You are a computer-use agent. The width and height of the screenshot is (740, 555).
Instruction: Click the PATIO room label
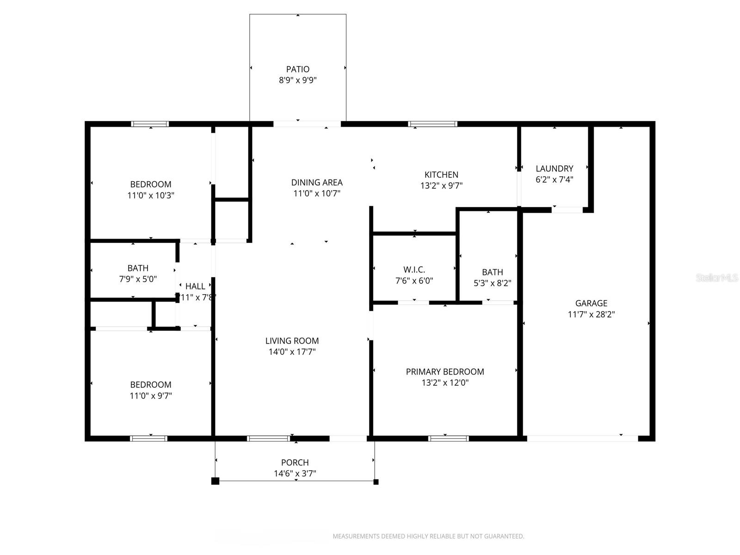[x=297, y=69]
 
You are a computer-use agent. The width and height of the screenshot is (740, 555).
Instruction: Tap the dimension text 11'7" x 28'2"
[x=591, y=314]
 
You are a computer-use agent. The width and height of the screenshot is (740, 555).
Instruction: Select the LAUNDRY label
[x=554, y=169]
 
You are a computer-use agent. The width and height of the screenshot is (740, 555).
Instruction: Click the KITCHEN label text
[x=441, y=175]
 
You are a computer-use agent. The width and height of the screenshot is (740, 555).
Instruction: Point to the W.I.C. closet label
[x=414, y=270]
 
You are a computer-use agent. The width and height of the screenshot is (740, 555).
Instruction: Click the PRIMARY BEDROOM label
[x=445, y=372]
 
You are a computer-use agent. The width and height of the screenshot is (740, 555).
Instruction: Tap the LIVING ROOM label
[x=292, y=341]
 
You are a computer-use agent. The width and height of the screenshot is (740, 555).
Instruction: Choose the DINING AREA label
[x=317, y=183]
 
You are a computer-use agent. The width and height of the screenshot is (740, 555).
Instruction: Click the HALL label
[x=195, y=287]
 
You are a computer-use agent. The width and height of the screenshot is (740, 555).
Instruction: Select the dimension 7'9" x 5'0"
[x=138, y=279]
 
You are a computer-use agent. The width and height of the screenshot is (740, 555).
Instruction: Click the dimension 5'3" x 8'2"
[x=492, y=283]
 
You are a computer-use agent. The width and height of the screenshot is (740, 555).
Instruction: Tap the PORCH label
[x=295, y=462]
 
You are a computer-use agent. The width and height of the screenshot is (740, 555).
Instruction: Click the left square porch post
[x=215, y=481]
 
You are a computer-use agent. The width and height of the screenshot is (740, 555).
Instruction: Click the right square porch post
[x=376, y=482]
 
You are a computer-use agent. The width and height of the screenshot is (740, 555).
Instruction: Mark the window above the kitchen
[x=433, y=124]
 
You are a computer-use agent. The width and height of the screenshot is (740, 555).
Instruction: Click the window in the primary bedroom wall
[x=448, y=438]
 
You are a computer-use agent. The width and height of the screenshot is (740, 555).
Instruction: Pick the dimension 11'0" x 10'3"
[x=151, y=195]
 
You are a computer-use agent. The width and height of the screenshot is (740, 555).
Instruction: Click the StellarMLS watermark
[x=716, y=278]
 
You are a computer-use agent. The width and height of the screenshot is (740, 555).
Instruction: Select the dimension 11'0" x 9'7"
[x=151, y=396]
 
